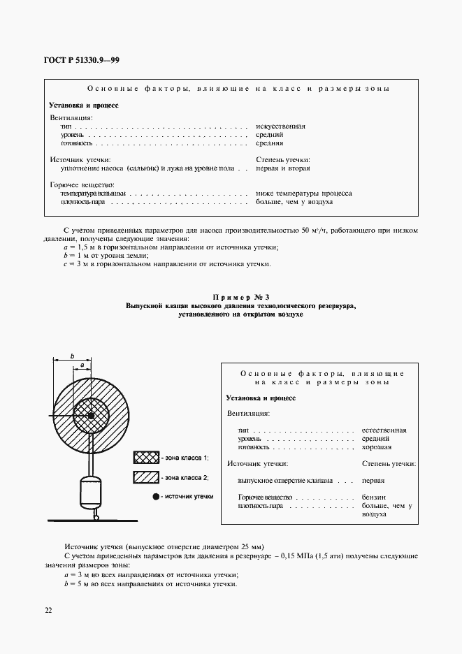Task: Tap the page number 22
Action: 48,610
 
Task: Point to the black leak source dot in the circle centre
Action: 91,417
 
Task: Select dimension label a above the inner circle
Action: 82,365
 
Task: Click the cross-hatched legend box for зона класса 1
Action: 145,458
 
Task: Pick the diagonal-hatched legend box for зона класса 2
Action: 145,477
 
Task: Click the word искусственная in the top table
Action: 281,126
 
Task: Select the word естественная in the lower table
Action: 384,430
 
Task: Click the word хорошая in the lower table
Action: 377,447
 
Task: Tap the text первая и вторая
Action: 283,168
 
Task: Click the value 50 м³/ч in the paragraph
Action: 316,230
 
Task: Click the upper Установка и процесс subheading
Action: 84,106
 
